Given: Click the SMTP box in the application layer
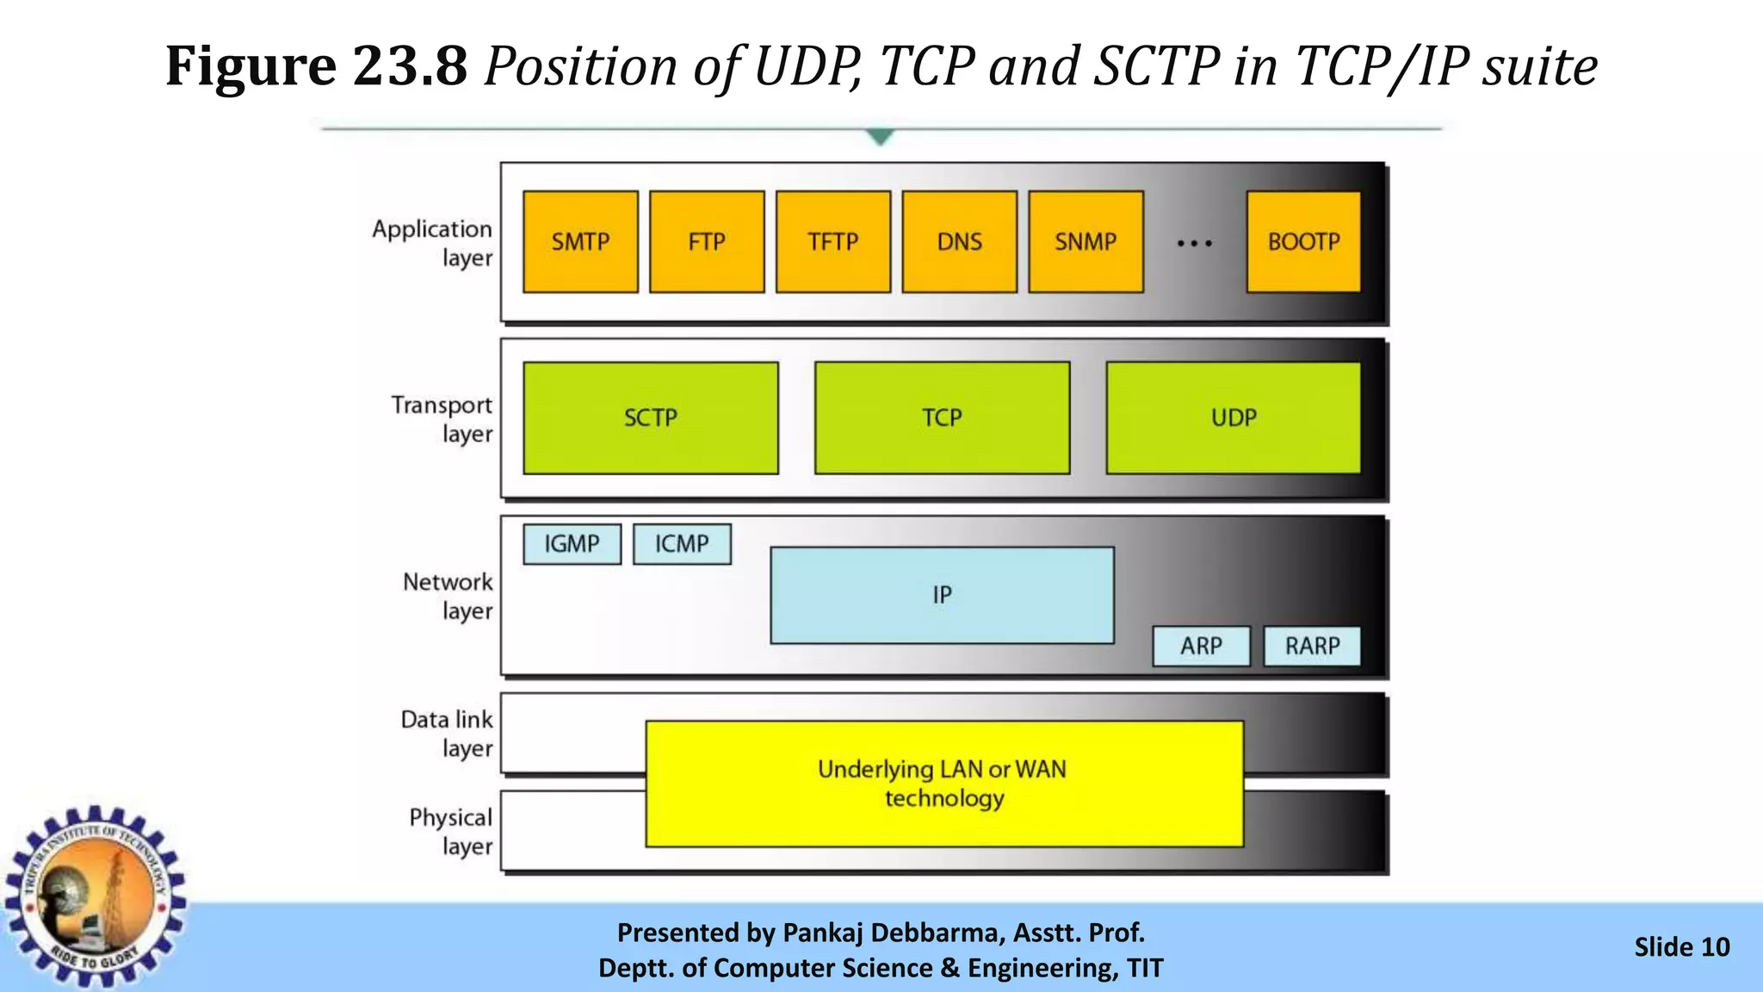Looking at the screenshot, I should pyautogui.click(x=580, y=242).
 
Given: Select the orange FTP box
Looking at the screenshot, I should pyautogui.click(x=707, y=242).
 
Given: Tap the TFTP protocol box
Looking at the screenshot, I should pyautogui.click(x=832, y=242).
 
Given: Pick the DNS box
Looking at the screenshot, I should pyautogui.click(x=959, y=242).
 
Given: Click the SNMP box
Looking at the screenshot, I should pyautogui.click(x=1086, y=242).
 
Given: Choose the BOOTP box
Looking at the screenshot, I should pyautogui.click(x=1303, y=242).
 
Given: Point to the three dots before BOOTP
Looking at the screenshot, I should pyautogui.click(x=1195, y=244).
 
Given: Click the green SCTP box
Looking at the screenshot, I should pyautogui.click(x=651, y=418).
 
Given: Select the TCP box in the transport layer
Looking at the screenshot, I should pyautogui.click(x=942, y=418).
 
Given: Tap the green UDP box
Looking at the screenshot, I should pyautogui.click(x=1233, y=418).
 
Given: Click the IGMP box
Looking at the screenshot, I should pyautogui.click(x=572, y=544).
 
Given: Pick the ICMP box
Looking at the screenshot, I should pyautogui.click(x=682, y=544).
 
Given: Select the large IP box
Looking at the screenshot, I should pyautogui.click(x=942, y=595).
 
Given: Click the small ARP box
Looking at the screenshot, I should pyautogui.click(x=1201, y=646).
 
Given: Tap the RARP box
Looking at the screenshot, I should pyautogui.click(x=1312, y=646).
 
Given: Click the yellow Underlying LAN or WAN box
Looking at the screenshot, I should pyautogui.click(x=943, y=784).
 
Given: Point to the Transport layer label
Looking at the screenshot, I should pyautogui.click(x=442, y=419).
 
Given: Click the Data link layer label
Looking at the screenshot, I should pyautogui.click(x=448, y=734).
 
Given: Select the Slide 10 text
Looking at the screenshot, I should pyautogui.click(x=1681, y=947).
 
